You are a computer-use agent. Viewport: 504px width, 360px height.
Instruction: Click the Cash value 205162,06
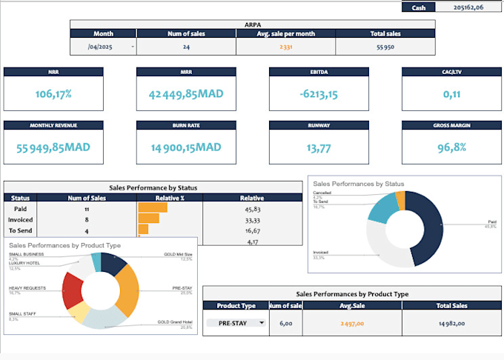tap(468, 7)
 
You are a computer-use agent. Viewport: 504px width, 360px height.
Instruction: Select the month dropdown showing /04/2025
tap(104, 47)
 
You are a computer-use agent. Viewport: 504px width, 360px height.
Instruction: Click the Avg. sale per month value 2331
tap(285, 47)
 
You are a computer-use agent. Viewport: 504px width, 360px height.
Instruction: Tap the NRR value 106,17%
tap(54, 94)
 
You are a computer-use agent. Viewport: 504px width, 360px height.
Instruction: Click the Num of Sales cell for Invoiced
tap(87, 219)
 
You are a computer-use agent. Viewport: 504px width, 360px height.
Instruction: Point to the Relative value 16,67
tap(251, 230)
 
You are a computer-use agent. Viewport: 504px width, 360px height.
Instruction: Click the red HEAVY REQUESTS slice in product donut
tap(73, 288)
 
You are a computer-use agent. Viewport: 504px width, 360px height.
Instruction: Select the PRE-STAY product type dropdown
tap(236, 322)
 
